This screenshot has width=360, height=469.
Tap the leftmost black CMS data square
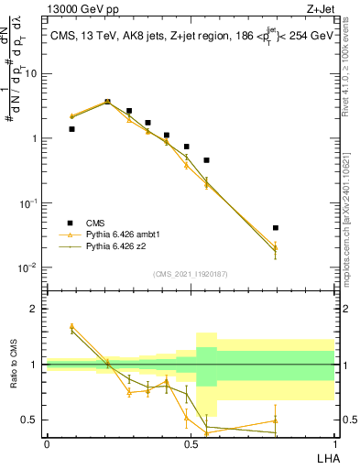pyautogui.click(x=71, y=129)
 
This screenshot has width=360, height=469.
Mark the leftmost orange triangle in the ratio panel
pyautogui.click(x=71, y=325)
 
